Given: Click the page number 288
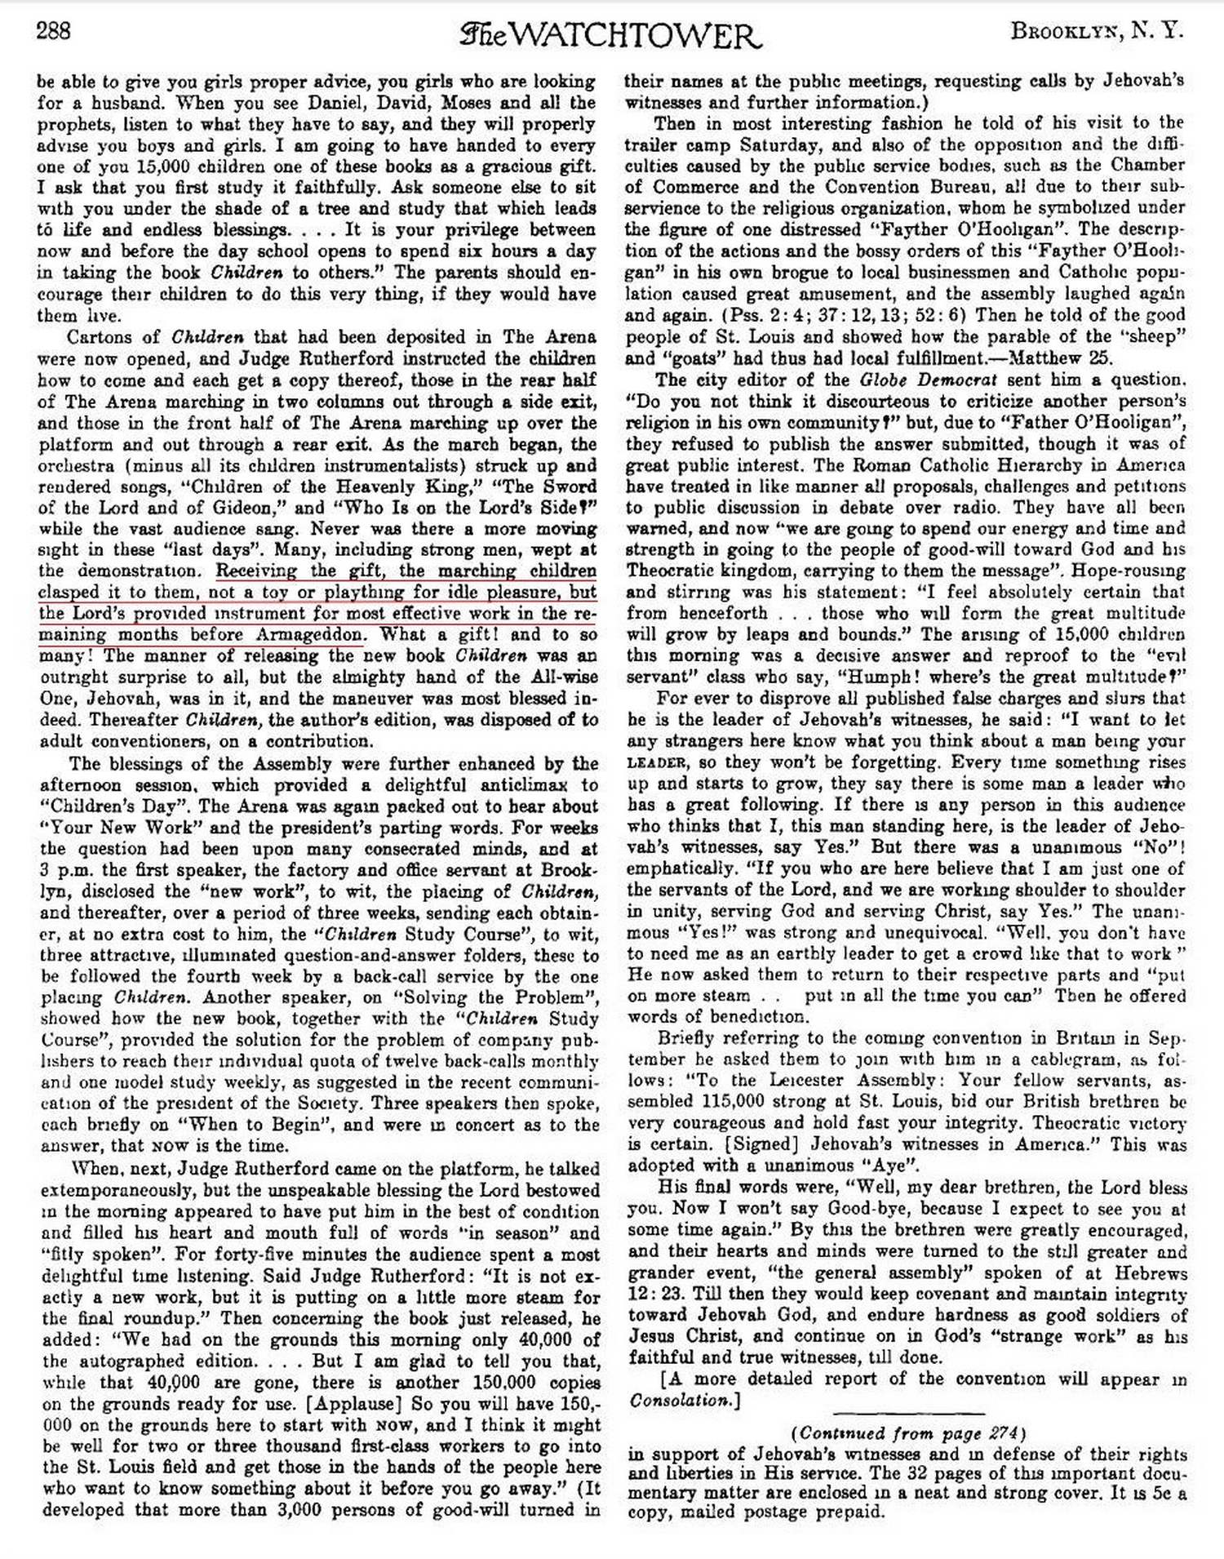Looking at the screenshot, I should coord(54,32).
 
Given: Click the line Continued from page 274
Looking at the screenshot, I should coord(907,1432).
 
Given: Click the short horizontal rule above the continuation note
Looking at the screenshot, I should coord(907,1412).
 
